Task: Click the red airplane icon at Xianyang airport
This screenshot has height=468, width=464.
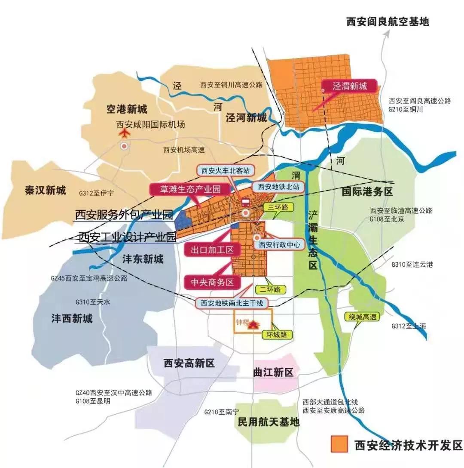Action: click(124, 133)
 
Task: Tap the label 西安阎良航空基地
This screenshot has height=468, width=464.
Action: click(388, 22)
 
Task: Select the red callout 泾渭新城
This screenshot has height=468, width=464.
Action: click(350, 86)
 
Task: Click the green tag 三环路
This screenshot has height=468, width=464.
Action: click(278, 207)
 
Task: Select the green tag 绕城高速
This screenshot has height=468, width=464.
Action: click(363, 317)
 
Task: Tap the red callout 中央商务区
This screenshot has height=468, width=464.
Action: click(211, 283)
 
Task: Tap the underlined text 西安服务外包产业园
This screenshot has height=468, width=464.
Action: click(123, 215)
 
